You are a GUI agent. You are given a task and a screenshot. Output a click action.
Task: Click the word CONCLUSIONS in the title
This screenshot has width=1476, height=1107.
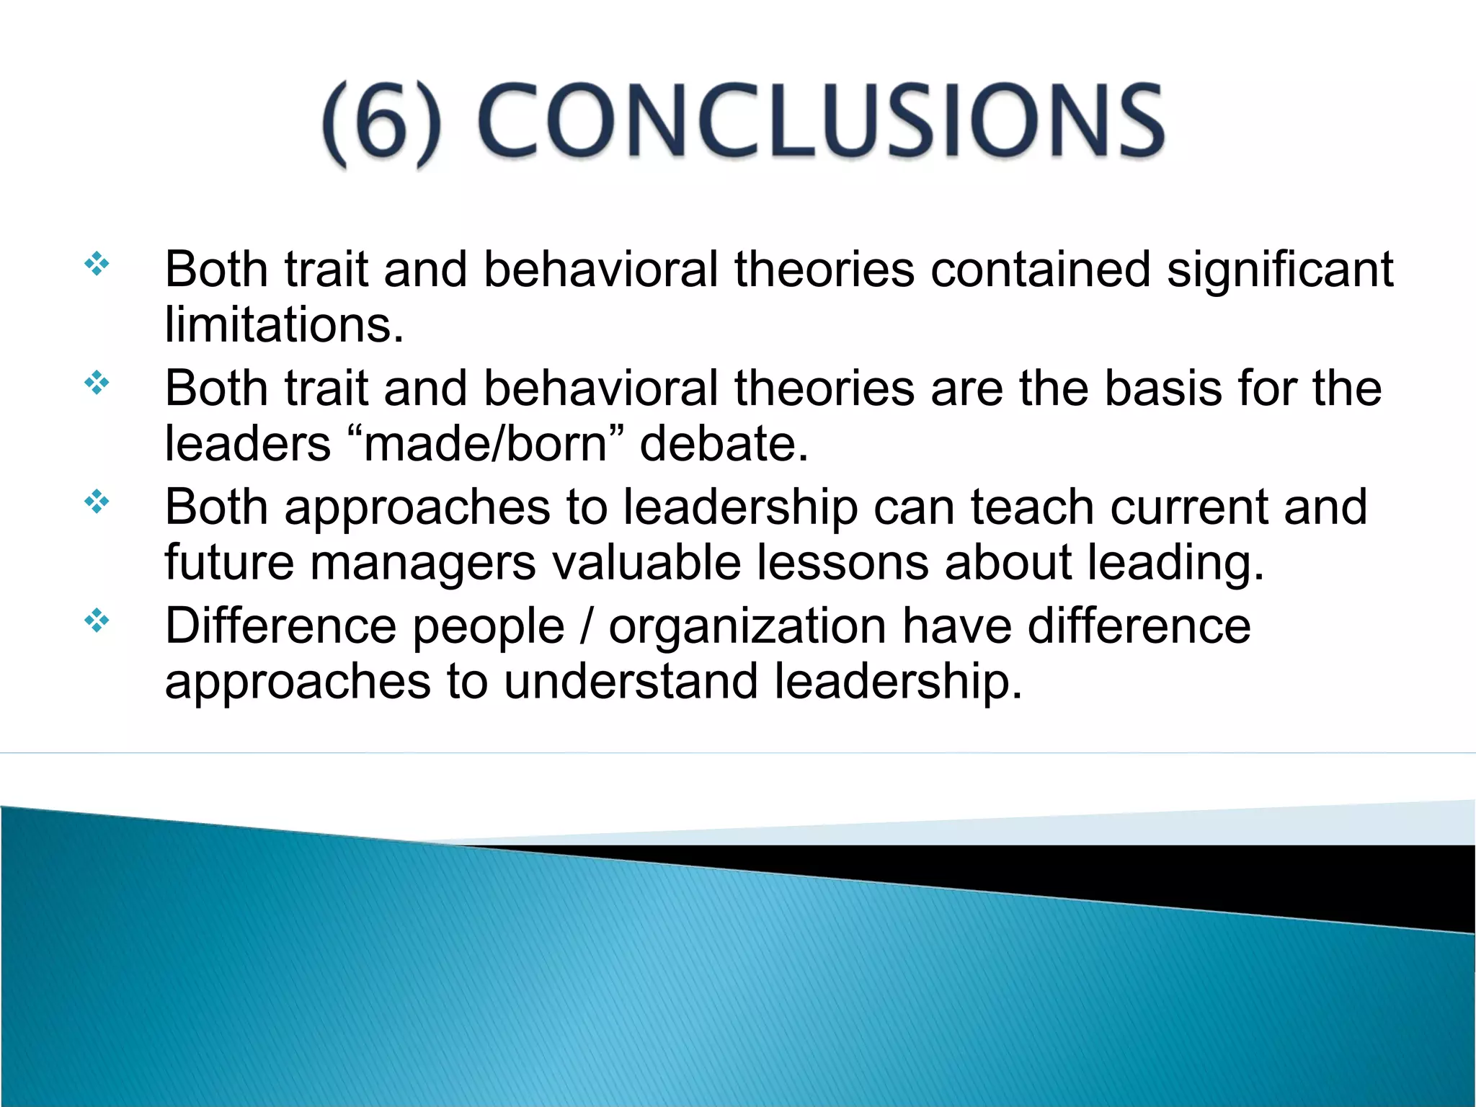pyautogui.click(x=820, y=120)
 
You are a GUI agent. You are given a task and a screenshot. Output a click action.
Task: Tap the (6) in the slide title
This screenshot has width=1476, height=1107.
pyautogui.click(x=381, y=123)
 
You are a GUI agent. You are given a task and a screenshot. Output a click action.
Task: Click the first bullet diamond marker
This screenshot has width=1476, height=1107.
pyautogui.click(x=97, y=264)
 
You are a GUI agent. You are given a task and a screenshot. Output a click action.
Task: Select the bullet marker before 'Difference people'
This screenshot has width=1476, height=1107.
pyautogui.click(x=97, y=621)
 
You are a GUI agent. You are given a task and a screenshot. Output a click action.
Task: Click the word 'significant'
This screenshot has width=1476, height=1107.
pyautogui.click(x=1280, y=270)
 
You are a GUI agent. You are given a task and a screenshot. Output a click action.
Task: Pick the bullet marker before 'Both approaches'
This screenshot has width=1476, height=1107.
pyautogui.click(x=97, y=502)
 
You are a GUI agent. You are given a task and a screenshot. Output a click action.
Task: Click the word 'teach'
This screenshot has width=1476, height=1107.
pyautogui.click(x=1032, y=507)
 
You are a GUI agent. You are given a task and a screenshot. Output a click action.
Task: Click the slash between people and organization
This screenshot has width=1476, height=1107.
pyautogui.click(x=587, y=626)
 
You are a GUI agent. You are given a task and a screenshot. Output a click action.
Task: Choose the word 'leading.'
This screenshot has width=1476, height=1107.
pyautogui.click(x=1175, y=563)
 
